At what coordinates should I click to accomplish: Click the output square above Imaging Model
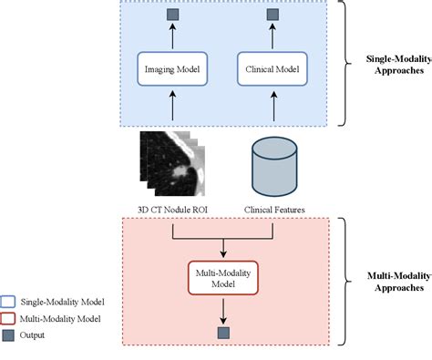(x=172, y=15)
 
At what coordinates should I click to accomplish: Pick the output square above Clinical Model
(x=271, y=15)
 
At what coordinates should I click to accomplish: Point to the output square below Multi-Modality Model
(x=222, y=334)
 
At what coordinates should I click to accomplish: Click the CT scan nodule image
(x=170, y=164)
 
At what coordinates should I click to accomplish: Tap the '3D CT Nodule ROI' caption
(x=172, y=208)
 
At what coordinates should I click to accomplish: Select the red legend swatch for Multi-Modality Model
(x=10, y=319)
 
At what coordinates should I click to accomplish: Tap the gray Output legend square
(x=10, y=334)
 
